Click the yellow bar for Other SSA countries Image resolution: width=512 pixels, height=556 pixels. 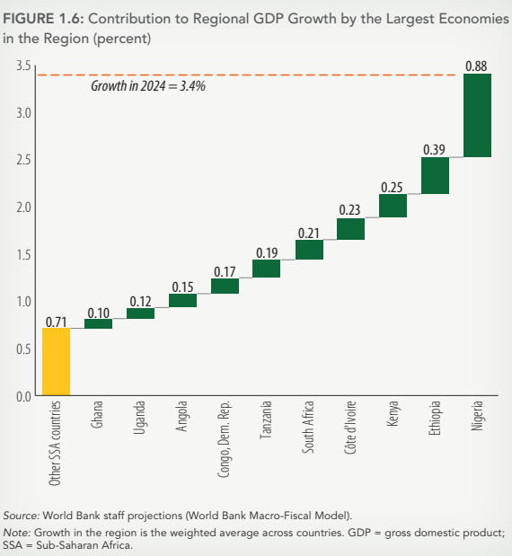click(x=56, y=361)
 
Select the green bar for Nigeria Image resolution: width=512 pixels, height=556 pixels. click(x=477, y=115)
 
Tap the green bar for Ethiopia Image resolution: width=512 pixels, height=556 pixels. click(x=435, y=175)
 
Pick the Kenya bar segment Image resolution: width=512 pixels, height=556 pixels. click(x=393, y=205)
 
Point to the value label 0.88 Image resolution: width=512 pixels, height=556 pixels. click(x=477, y=65)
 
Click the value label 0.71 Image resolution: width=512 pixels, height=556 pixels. click(x=56, y=321)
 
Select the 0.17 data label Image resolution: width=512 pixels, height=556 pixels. click(x=225, y=270)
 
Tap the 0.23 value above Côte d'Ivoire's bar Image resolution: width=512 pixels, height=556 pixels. click(x=350, y=210)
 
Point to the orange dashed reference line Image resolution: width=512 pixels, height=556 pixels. click(x=269, y=75)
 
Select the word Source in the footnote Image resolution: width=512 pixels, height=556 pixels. click(x=20, y=515)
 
